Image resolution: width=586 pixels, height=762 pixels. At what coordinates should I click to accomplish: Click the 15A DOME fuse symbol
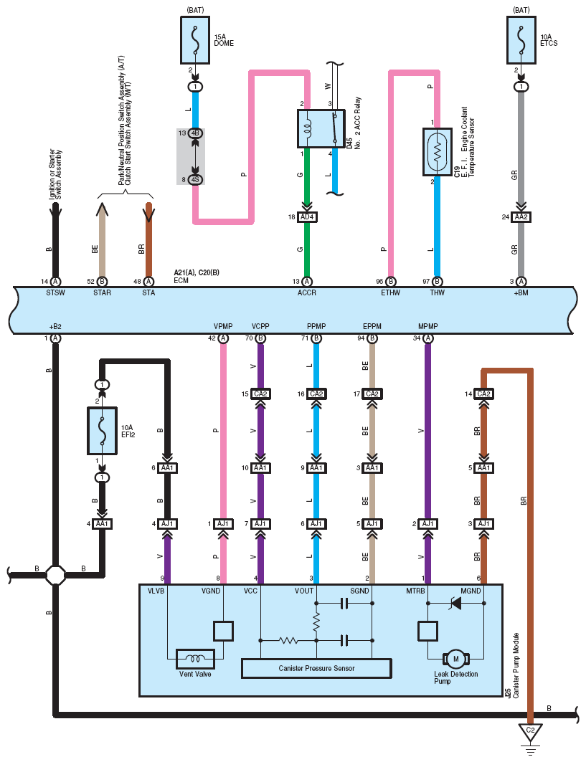[195, 40]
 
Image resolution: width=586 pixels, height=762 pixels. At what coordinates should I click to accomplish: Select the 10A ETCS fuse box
[521, 40]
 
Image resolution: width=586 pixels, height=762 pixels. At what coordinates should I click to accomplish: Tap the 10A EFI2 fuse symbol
[102, 431]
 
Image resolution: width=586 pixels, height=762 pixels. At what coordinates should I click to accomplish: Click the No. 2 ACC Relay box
[321, 128]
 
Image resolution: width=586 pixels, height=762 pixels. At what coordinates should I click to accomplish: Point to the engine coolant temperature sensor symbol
[438, 152]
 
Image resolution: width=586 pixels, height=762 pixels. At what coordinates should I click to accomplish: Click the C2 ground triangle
[531, 732]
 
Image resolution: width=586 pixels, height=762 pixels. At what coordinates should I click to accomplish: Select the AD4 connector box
[307, 216]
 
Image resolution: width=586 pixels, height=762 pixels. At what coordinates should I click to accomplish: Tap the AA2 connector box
[521, 216]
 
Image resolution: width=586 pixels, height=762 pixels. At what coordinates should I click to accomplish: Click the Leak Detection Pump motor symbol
[456, 659]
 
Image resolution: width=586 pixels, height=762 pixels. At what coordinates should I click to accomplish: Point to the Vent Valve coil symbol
[195, 659]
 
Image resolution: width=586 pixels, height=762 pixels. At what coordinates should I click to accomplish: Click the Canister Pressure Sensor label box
[316, 668]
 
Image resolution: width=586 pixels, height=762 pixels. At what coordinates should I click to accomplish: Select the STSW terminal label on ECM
[55, 292]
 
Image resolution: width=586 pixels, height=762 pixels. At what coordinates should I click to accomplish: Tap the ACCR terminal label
[307, 292]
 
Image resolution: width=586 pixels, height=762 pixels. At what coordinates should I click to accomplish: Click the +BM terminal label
[521, 292]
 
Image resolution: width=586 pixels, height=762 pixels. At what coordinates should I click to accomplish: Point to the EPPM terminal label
[372, 326]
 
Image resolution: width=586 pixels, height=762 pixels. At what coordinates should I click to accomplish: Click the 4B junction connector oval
[195, 133]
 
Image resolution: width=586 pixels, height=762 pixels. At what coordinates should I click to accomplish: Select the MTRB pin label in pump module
[416, 591]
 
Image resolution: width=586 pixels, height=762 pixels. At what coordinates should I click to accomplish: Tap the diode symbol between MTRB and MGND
[456, 603]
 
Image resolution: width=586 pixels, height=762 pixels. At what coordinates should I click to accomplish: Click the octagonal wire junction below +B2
[55, 575]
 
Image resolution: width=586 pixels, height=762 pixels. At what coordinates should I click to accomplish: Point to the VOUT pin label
[304, 591]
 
